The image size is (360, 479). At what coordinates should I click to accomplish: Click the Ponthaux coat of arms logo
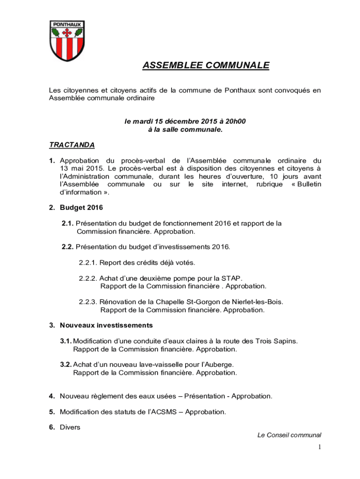pos(67,41)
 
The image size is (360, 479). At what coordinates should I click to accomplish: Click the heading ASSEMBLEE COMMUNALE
pos(206,65)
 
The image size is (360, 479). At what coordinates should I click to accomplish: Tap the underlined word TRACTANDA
pos(72,145)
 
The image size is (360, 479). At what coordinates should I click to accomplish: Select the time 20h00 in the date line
pos(236,122)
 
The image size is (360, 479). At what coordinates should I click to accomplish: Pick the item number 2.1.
pos(67,224)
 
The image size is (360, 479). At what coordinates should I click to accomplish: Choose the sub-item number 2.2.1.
pos(87,262)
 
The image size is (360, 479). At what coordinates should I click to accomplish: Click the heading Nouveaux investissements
pos(106,325)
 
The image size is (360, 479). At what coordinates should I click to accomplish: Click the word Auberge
pos(221,364)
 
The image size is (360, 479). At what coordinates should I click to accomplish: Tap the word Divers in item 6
pos(70,427)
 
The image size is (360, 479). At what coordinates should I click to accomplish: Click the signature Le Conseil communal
pos(289,435)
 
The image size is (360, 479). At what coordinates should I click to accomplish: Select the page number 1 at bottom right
pos(319,448)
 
